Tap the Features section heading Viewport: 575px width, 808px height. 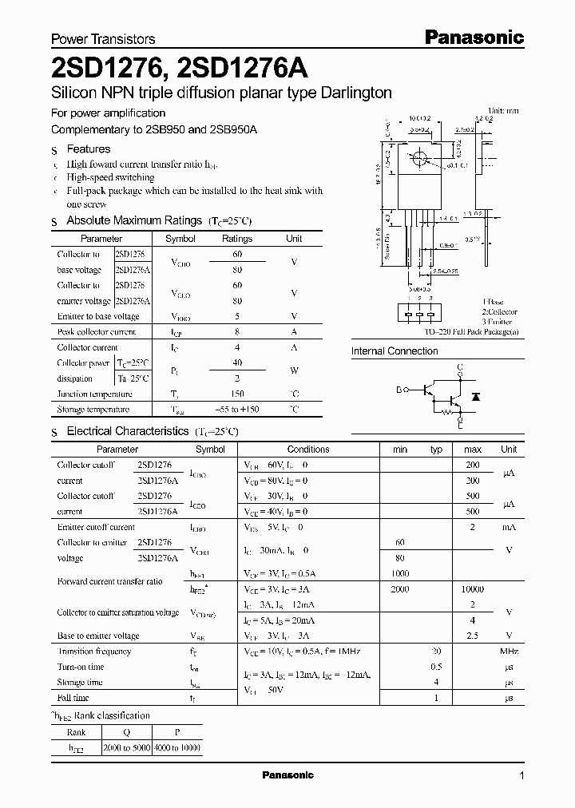coord(88,149)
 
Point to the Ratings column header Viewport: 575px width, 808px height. coord(236,239)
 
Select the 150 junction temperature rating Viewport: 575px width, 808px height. coord(236,394)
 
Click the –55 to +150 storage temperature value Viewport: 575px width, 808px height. coord(236,410)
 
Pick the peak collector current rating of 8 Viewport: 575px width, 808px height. coord(236,331)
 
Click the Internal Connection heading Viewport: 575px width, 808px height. coord(395,351)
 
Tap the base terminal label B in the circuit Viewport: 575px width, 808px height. coord(399,390)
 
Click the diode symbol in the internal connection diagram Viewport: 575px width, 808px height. coord(477,396)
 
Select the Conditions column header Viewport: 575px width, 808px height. coord(308,450)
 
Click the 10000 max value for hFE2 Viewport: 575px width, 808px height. coord(472,589)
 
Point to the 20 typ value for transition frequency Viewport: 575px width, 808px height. coord(436,652)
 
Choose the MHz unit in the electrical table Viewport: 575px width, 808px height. coord(508,652)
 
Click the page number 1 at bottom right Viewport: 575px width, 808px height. coord(521,776)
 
